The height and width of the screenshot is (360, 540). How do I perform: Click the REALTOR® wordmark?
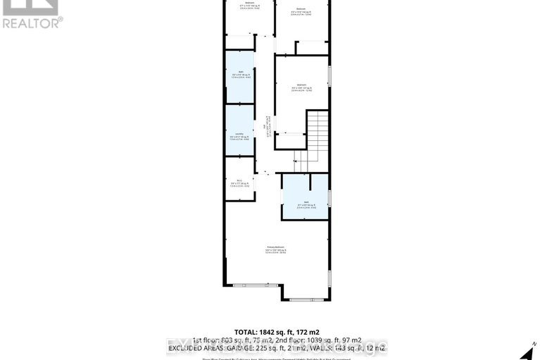point(32,23)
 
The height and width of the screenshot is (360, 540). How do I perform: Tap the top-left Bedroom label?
point(249,4)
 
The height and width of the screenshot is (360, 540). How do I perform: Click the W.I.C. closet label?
point(239,181)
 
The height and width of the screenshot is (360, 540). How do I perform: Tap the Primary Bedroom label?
point(275,248)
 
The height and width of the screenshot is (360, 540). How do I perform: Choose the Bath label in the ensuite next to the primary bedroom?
point(305,202)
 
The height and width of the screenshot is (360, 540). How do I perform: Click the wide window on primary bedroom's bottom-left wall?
point(251,285)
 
